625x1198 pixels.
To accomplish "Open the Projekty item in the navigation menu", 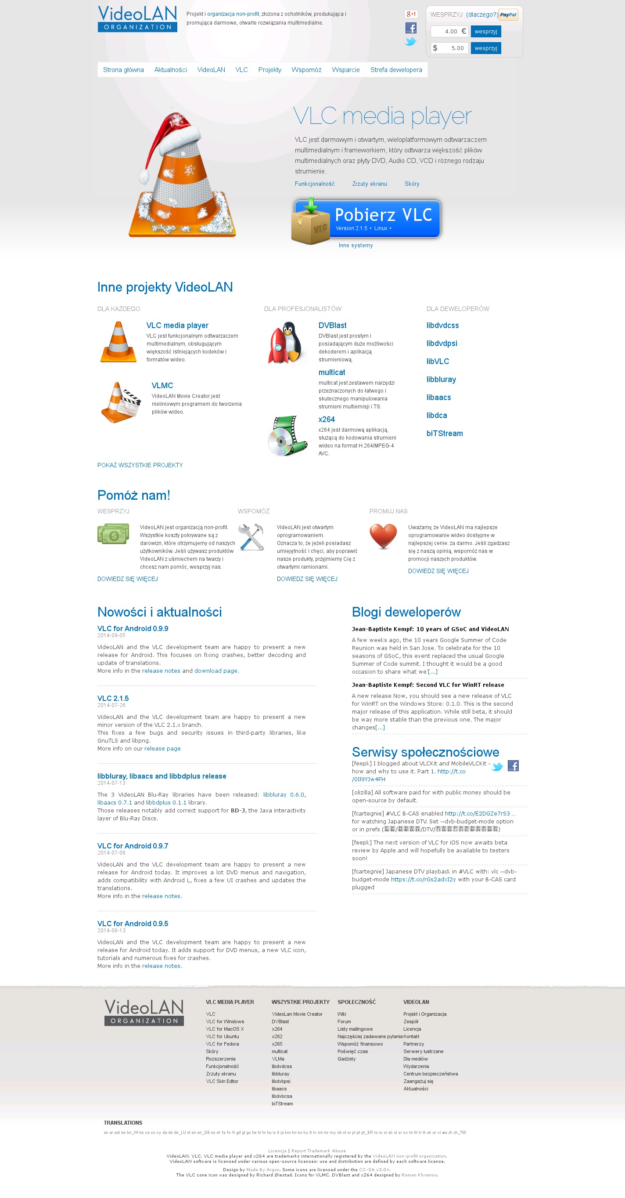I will [269, 70].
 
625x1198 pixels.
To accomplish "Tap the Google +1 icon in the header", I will [411, 14].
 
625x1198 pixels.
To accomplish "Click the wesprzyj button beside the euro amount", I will [485, 32].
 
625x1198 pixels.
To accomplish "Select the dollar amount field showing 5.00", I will [449, 48].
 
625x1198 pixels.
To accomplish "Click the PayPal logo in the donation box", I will [508, 15].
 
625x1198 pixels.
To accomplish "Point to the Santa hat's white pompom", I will [144, 176].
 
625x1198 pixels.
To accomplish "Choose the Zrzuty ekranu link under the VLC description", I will [370, 184].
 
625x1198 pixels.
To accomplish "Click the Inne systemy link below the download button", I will [356, 245].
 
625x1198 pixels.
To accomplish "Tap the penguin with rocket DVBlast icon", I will [286, 343].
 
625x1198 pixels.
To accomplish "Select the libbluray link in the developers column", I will [441, 379].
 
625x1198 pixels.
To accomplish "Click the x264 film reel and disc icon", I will [287, 436].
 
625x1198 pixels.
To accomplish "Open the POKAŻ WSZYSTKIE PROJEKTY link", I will [140, 465].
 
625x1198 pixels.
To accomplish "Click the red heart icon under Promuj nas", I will [383, 536].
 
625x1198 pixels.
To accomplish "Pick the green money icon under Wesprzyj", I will [113, 534].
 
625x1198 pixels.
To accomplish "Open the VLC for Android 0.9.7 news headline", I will [133, 846].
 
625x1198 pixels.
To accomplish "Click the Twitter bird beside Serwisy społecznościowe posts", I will [497, 766].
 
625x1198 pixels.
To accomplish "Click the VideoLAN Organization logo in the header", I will [137, 18].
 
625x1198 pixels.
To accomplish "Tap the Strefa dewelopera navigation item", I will [396, 70].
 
